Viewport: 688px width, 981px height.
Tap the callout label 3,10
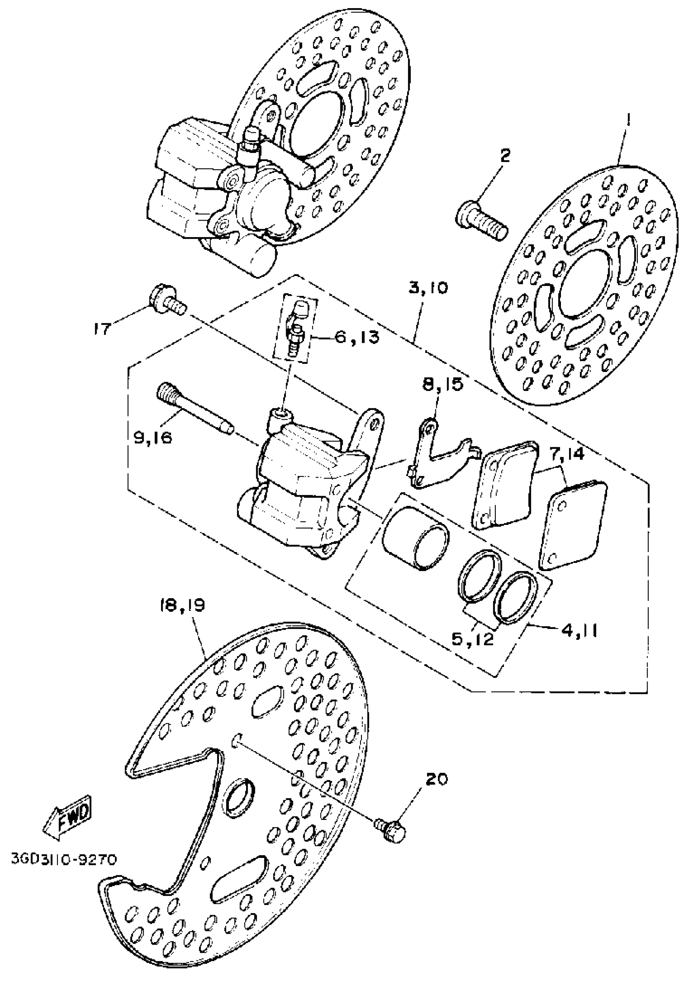coord(428,288)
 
